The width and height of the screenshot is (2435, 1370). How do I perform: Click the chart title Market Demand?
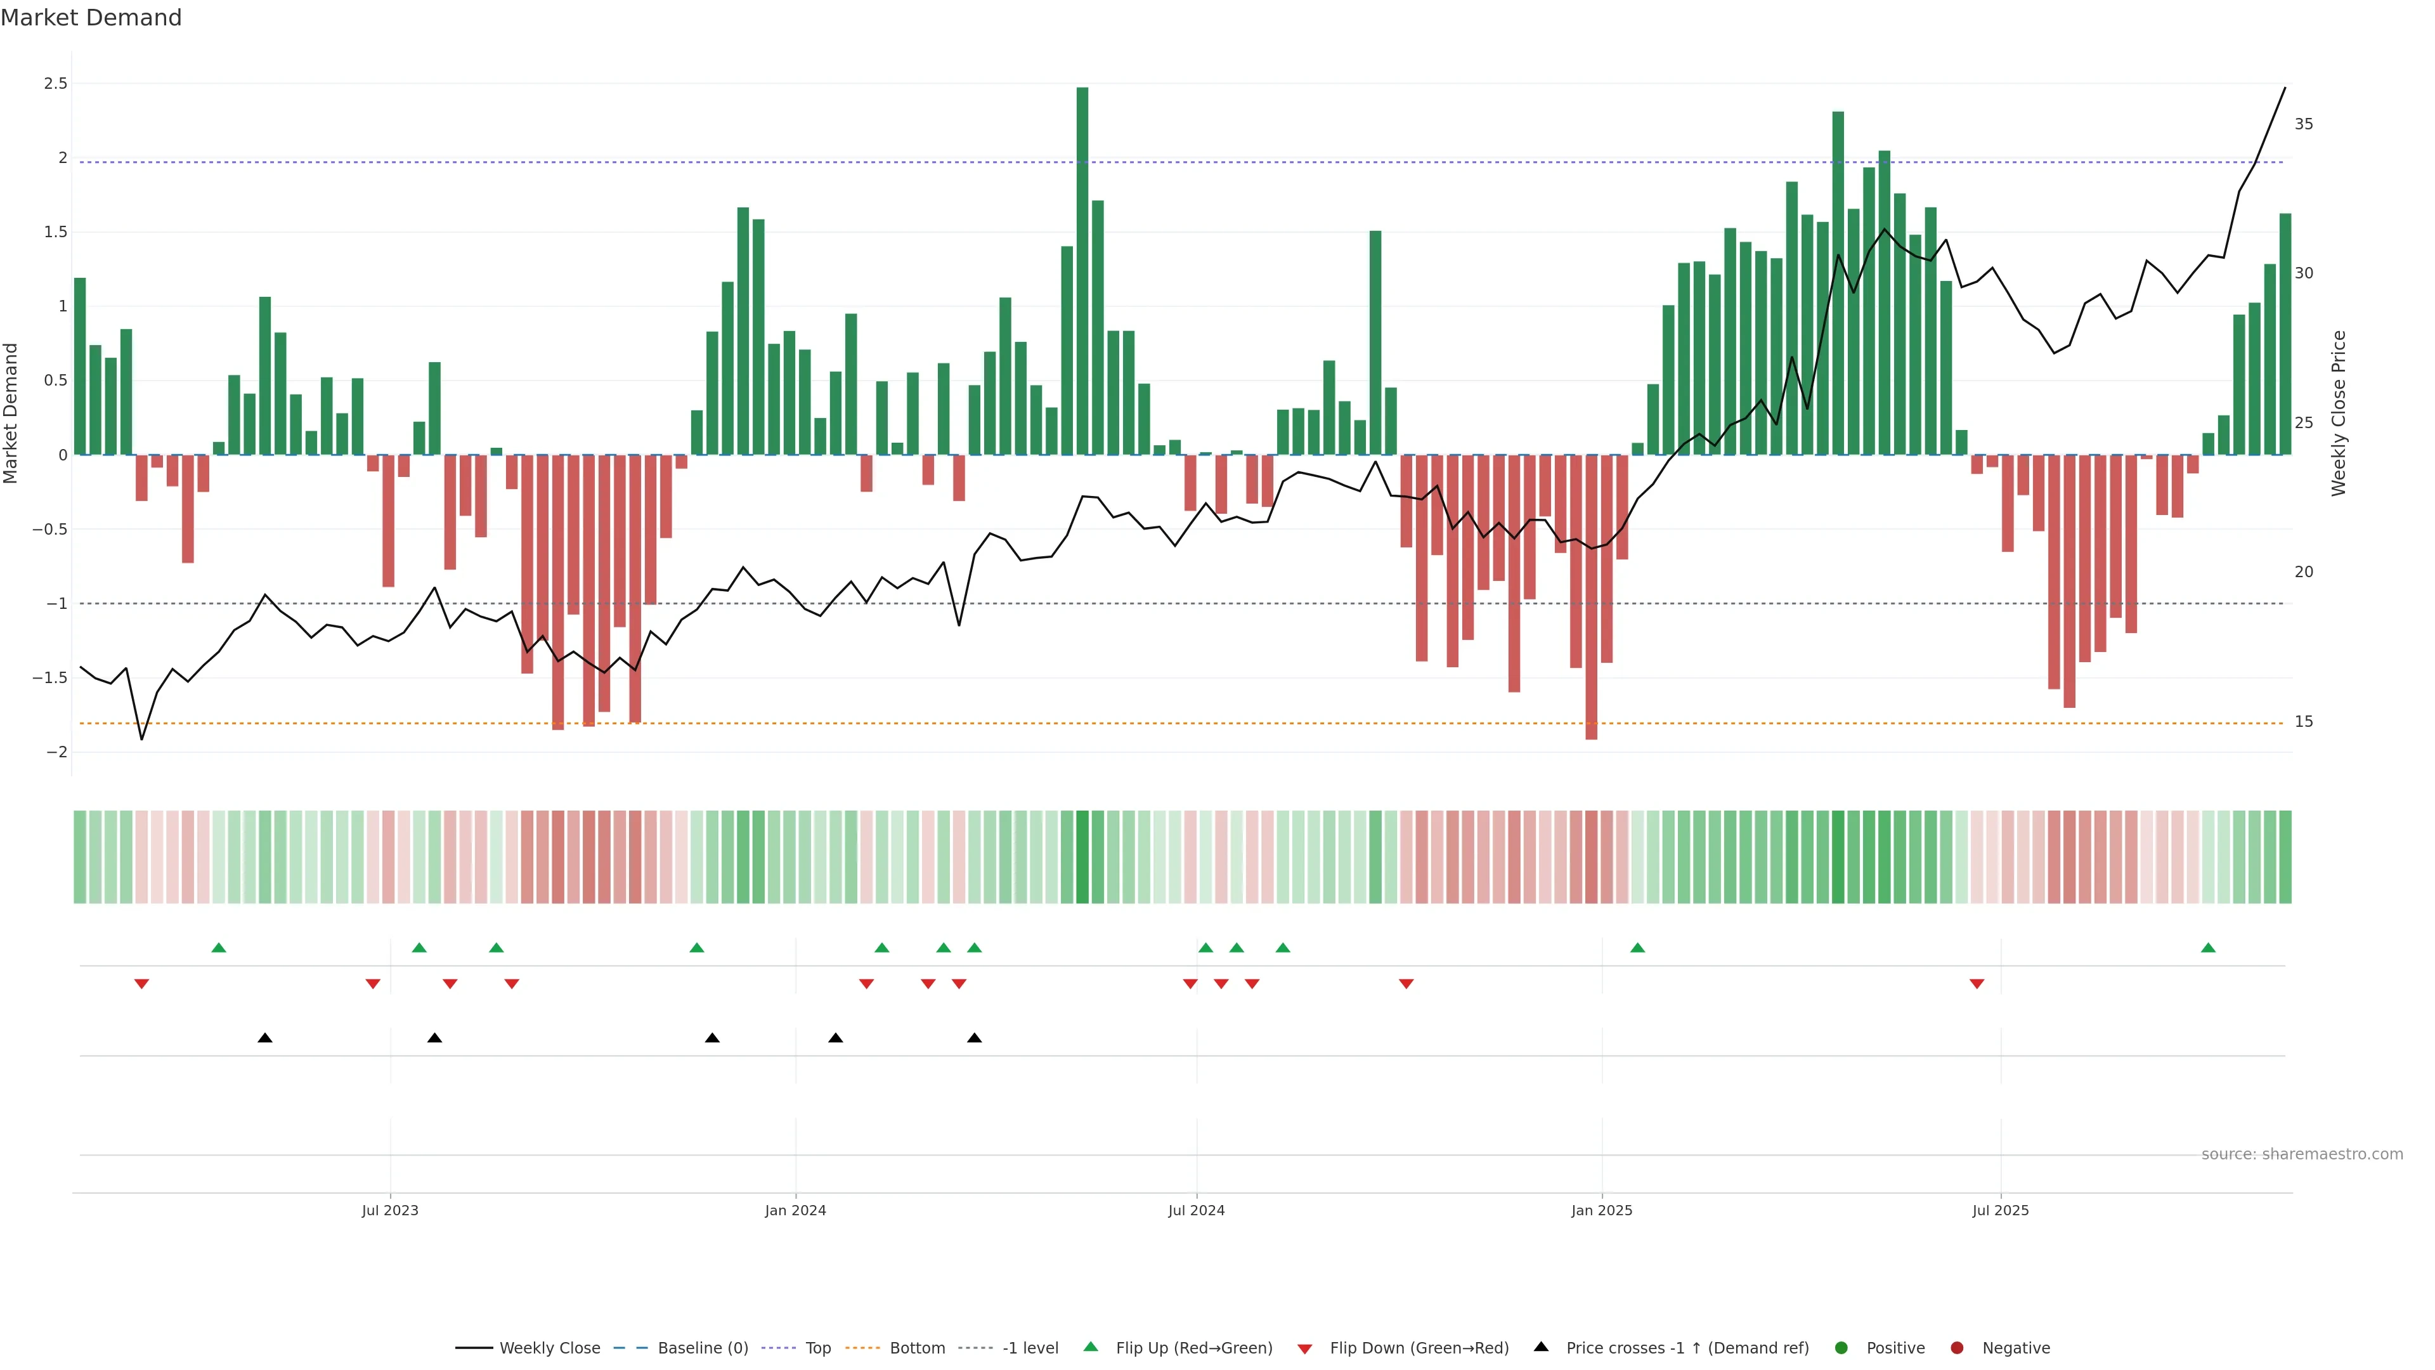91,18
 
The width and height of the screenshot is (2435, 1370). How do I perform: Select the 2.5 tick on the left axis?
56,83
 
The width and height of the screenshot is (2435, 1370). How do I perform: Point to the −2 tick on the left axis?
56,752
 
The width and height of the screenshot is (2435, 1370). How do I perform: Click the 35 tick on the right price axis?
2304,124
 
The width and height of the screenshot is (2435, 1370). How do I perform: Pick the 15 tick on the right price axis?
2304,721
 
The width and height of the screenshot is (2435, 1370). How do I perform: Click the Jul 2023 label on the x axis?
389,1210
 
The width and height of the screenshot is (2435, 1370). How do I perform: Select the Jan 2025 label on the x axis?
1601,1210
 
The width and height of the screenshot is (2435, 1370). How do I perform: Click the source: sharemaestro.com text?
2302,1154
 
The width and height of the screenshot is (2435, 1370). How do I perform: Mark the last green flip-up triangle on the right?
2208,948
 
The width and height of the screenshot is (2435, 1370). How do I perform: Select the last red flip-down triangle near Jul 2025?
1977,984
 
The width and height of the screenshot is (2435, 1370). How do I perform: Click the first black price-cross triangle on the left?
264,1038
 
